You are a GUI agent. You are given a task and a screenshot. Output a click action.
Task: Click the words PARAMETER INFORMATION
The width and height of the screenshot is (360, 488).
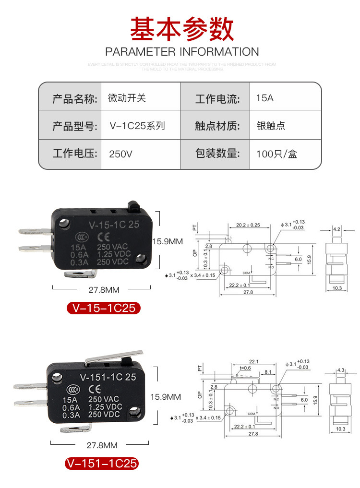coord(182,52)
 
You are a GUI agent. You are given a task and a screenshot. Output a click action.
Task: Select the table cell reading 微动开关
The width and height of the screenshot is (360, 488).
coord(127,98)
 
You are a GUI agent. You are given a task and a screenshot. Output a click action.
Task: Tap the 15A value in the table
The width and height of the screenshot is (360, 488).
coord(265,98)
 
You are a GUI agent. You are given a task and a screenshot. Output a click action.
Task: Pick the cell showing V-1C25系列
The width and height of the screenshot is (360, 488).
coord(137,126)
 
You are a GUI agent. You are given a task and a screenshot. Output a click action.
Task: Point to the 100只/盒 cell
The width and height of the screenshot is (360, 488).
coord(276,154)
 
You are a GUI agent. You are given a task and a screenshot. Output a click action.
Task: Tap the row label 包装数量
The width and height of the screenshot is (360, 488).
coord(217,154)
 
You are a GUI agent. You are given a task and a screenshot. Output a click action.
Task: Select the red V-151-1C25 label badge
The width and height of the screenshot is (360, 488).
coord(102,464)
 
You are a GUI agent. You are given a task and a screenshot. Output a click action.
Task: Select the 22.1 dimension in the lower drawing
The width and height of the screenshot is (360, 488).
coord(254,362)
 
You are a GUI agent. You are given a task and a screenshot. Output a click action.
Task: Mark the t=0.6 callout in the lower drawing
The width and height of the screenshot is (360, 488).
coord(245,368)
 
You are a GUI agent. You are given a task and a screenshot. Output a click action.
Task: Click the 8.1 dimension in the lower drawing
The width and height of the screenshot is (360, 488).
coord(268,371)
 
